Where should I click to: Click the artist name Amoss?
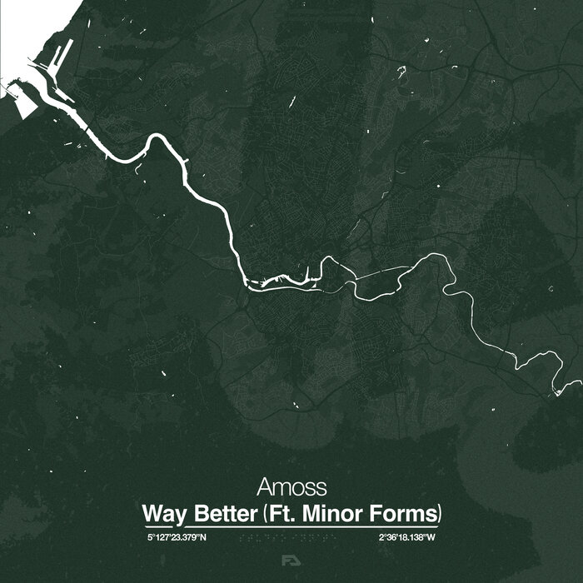pos(291,486)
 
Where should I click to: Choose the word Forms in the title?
pos(403,511)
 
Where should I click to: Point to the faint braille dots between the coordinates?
pos(291,538)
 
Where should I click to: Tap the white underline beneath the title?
pos(291,526)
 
